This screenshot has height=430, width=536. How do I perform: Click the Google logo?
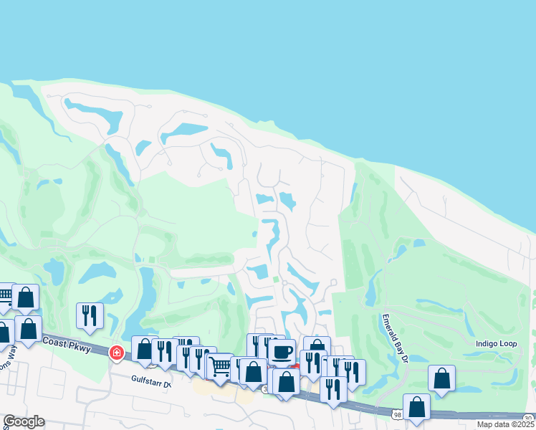24,421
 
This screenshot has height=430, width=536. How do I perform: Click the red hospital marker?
116,353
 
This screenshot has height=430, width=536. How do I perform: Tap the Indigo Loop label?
496,344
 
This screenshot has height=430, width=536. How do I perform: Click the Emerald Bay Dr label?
395,336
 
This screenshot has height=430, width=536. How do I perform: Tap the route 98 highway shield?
397,414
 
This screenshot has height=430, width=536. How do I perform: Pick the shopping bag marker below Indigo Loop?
442,378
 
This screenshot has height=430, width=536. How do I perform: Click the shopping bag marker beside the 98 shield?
416,406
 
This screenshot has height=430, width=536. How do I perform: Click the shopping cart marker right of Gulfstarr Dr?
220,367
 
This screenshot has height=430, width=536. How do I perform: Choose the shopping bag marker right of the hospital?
145,349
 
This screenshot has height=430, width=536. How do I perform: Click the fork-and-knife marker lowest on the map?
333,389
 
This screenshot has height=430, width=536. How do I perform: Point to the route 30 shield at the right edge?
528,418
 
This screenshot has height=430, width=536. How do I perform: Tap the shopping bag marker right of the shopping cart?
253,371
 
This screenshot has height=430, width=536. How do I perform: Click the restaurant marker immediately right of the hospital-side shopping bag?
166,351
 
